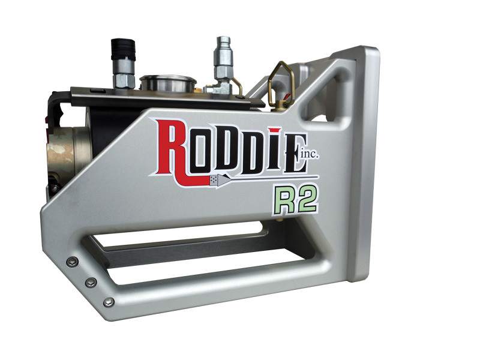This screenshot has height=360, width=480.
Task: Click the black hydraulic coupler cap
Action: click(123, 49)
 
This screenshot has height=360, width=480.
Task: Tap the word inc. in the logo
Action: click(310, 155)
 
